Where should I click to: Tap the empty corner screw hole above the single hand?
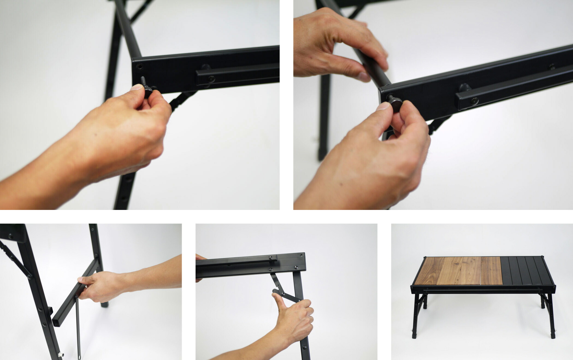coord(140,66)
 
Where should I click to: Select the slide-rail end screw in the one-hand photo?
coord(212,79)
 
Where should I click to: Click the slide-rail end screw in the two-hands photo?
coord(474,101)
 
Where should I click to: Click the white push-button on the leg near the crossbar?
coord(61,355)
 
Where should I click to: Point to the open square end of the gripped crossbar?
coord(56,322)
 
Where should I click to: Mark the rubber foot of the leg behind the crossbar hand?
coord(105,304)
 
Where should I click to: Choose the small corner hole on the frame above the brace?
coord(302,255)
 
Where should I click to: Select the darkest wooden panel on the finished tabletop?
coord(426,271)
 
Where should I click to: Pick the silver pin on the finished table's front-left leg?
coord(412,330)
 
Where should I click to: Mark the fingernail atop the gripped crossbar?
coord(81,279)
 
